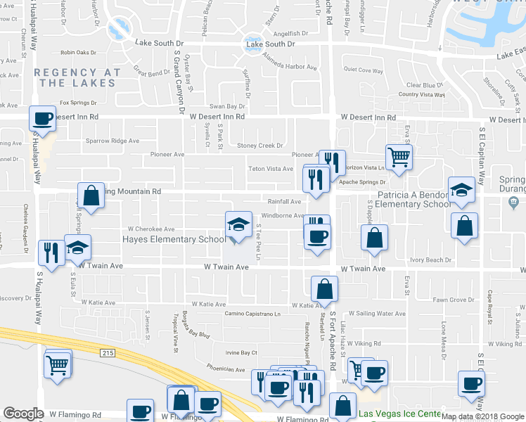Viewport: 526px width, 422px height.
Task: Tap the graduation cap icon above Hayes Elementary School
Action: pos(238,224)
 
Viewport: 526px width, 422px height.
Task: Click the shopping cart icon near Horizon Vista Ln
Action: pos(399,157)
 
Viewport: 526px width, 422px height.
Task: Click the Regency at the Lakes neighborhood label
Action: pos(75,77)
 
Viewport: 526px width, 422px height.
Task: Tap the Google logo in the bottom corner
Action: pos(23,414)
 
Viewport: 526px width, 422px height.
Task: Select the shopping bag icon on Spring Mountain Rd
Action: pos(91,195)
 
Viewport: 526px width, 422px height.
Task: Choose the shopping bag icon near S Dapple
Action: pos(375,237)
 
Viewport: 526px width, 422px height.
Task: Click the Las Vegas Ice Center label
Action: pos(399,414)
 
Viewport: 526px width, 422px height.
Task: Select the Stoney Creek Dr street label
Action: pos(259,146)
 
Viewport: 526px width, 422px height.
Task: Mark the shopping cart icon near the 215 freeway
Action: pos(58,364)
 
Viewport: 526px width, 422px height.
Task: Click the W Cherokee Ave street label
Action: pos(150,229)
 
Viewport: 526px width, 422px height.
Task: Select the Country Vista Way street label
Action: pos(422,95)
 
